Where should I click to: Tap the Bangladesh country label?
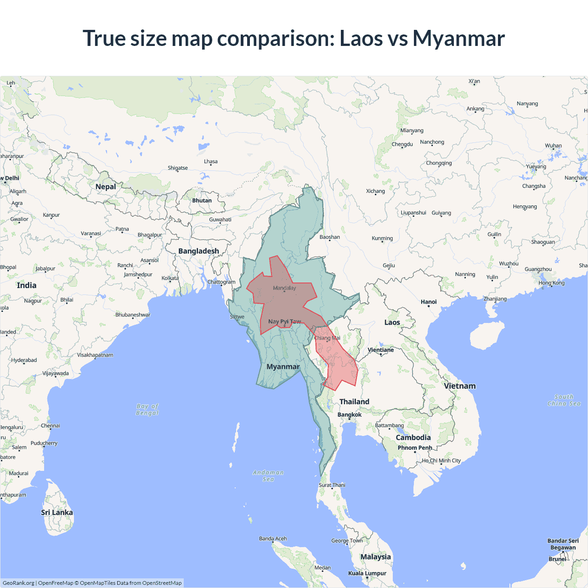click(x=198, y=251)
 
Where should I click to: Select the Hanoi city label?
click(x=429, y=302)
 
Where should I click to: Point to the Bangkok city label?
click(x=350, y=415)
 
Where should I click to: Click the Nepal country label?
click(x=106, y=187)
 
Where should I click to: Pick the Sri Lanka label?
click(x=57, y=513)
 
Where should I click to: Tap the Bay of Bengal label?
click(x=147, y=409)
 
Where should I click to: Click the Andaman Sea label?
click(x=268, y=476)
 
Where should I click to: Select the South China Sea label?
click(x=564, y=400)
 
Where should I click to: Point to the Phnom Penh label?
click(x=415, y=448)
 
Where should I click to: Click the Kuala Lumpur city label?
click(x=367, y=573)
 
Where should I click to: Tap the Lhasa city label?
click(x=211, y=162)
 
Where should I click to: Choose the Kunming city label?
click(x=382, y=238)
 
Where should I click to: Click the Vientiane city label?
click(x=381, y=350)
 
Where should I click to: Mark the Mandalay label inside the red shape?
click(x=284, y=288)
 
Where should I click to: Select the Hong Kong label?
click(x=552, y=283)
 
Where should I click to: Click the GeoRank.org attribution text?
click(x=18, y=583)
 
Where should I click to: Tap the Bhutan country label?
click(x=202, y=201)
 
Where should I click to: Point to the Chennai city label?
click(x=51, y=426)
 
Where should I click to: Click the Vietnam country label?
click(x=460, y=386)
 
